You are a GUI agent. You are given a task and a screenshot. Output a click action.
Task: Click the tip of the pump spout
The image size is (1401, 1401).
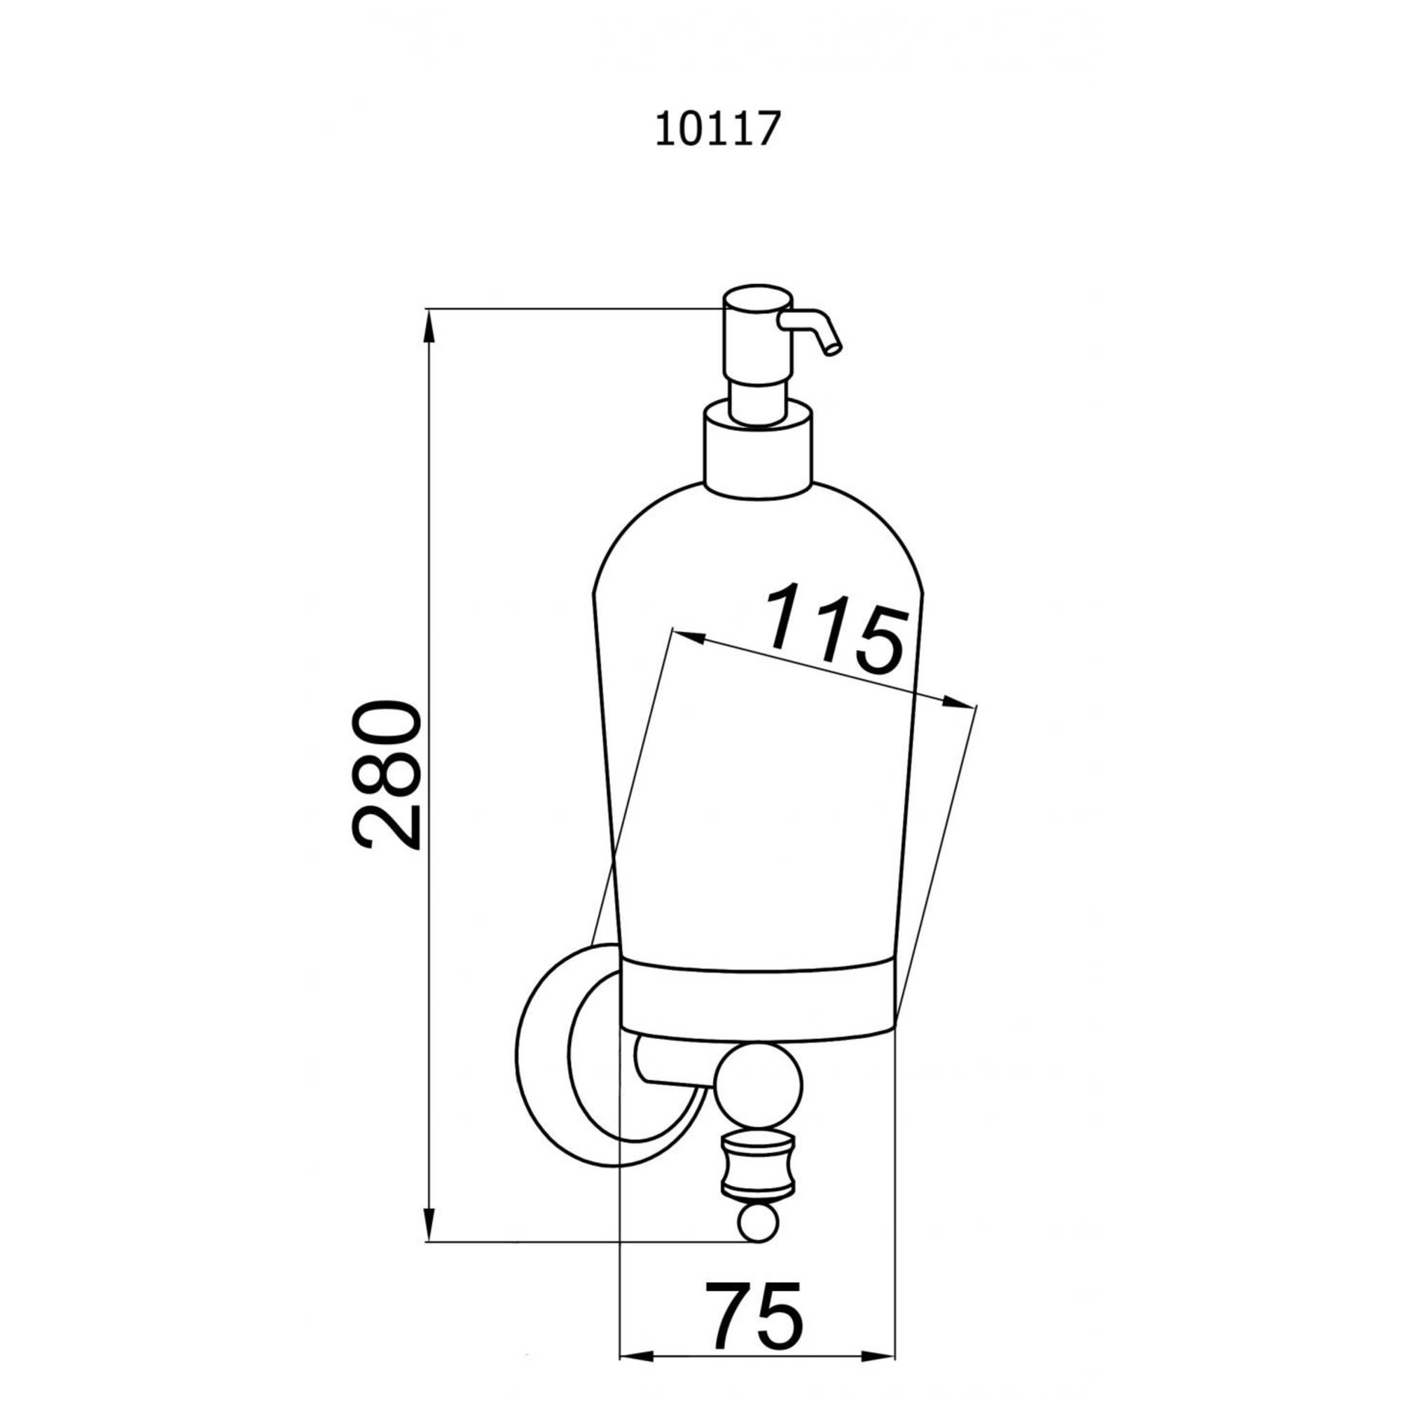click(834, 350)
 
